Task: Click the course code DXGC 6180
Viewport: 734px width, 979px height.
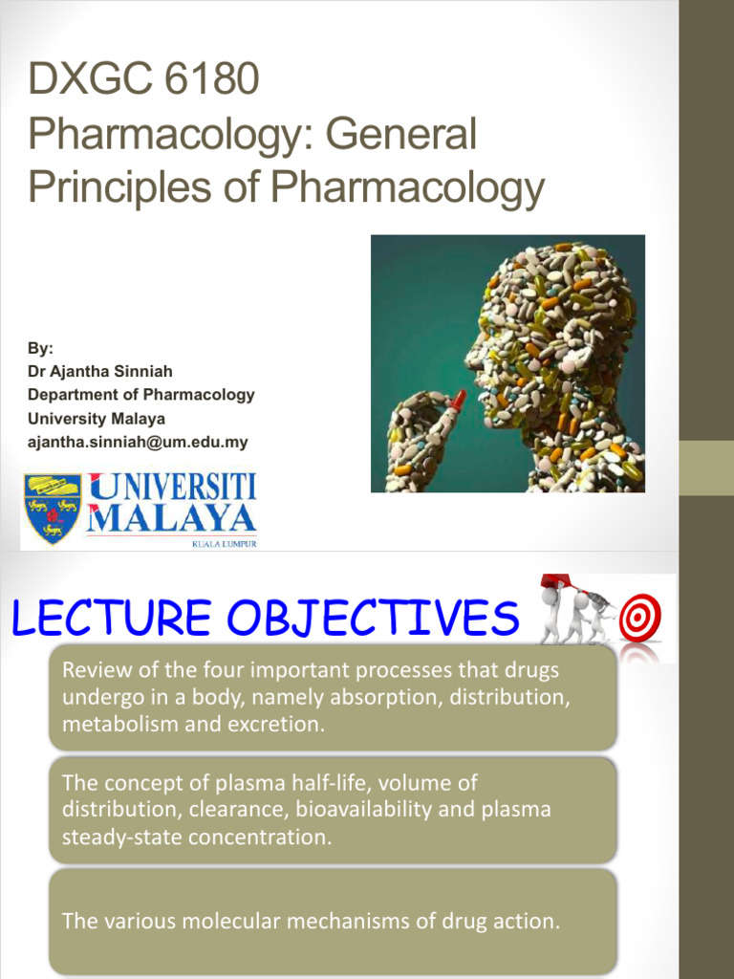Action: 143,78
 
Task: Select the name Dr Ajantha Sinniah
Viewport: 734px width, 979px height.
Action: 99,371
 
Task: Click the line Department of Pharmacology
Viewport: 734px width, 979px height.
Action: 140,395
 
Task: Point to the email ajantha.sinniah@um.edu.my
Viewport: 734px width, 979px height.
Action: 137,443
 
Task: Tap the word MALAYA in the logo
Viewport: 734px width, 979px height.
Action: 172,519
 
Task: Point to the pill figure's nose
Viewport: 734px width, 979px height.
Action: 470,360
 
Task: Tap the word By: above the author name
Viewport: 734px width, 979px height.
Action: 40,348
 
